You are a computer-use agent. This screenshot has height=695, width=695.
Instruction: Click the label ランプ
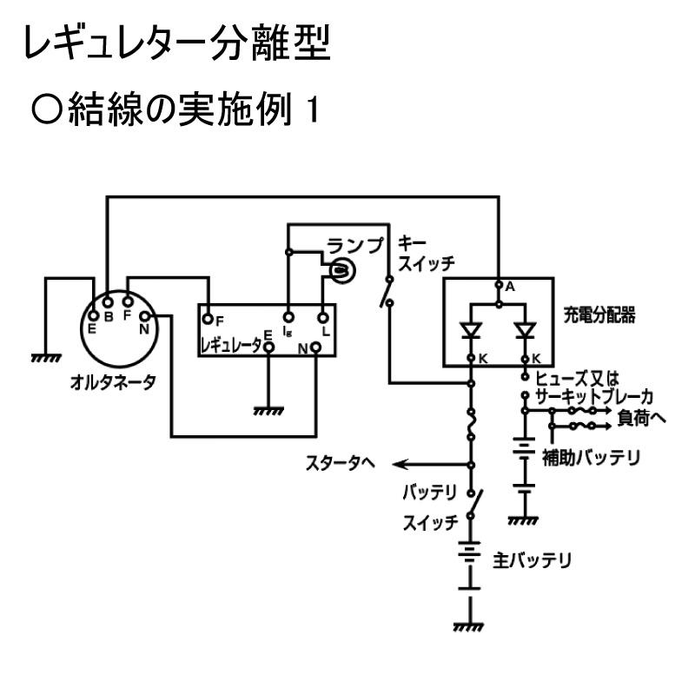(354, 246)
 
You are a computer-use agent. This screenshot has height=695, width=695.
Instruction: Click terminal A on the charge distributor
(498, 285)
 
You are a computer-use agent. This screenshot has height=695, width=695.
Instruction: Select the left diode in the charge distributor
(470, 331)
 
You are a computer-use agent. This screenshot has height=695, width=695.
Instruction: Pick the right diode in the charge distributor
(525, 331)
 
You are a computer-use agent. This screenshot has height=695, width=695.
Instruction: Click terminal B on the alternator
(107, 303)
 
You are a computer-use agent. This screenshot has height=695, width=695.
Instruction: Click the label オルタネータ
(113, 382)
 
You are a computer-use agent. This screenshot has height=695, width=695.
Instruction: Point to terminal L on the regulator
(323, 318)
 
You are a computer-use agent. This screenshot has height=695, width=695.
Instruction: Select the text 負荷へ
(641, 418)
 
